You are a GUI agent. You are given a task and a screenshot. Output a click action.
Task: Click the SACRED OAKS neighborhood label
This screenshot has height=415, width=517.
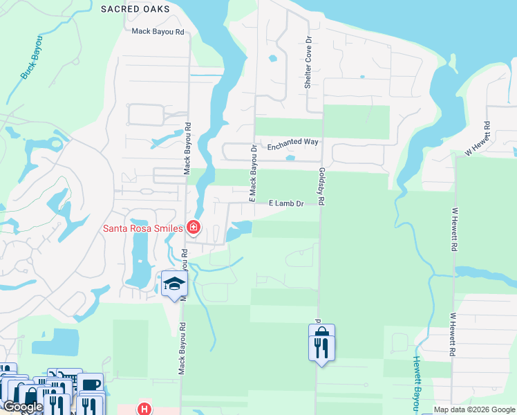(x=134, y=9)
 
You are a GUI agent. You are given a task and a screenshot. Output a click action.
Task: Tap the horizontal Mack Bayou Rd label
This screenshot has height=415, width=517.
(x=158, y=32)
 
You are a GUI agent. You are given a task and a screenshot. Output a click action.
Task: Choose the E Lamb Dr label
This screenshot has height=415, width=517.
(x=286, y=203)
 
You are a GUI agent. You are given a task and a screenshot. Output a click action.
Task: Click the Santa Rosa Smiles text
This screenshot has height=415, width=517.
(x=142, y=228)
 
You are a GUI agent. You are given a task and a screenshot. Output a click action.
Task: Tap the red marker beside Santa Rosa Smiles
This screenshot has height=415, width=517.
(x=194, y=227)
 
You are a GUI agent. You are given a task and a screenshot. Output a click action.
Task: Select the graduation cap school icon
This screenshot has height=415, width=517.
(x=173, y=284)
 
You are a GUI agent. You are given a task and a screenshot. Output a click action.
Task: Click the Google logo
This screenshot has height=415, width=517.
(x=23, y=407)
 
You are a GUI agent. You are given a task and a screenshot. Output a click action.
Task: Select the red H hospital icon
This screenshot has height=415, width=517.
(x=144, y=409)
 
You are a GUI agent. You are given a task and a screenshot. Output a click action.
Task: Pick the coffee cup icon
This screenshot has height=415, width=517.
(x=90, y=383)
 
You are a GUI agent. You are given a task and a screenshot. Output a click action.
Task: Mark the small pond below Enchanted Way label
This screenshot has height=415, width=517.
(x=290, y=158)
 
